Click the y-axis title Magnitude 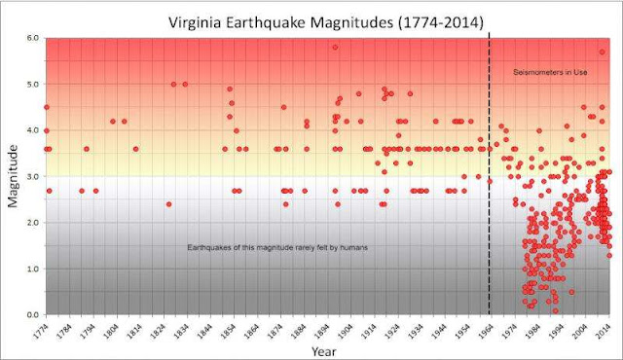(x=14, y=176)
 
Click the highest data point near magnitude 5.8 (x=335, y=47)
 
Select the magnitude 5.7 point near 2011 (x=602, y=52)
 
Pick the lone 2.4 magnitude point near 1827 (x=168, y=204)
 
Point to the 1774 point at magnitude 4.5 (x=46, y=107)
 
